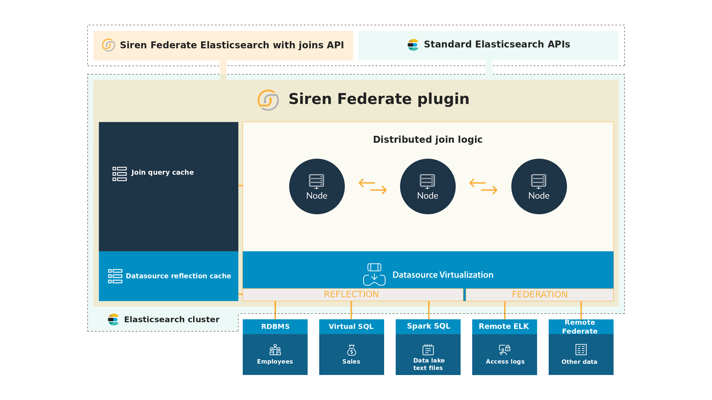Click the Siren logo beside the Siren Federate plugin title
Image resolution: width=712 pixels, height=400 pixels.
pyautogui.click(x=268, y=100)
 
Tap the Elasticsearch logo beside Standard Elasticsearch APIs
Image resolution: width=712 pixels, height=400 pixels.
pyautogui.click(x=413, y=45)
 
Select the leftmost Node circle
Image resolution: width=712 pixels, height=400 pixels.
pyautogui.click(x=317, y=186)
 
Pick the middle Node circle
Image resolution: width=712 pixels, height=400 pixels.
pyautogui.click(x=428, y=186)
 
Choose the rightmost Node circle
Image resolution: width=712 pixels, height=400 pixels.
pyautogui.click(x=539, y=186)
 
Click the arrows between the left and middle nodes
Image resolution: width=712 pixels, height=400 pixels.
pyautogui.click(x=373, y=186)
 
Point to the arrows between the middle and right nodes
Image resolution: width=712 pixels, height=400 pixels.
pyautogui.click(x=483, y=186)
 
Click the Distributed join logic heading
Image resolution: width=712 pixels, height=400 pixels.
pyautogui.click(x=427, y=139)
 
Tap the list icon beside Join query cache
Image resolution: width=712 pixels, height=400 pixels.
pyautogui.click(x=120, y=174)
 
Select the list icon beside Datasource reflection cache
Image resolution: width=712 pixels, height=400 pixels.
pyautogui.click(x=115, y=276)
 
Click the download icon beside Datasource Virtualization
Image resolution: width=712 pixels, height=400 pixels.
pyautogui.click(x=374, y=274)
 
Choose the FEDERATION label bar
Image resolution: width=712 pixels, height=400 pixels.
pyautogui.click(x=539, y=295)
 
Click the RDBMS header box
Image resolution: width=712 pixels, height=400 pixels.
pyautogui.click(x=275, y=327)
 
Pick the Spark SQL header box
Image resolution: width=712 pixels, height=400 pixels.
pyautogui.click(x=428, y=326)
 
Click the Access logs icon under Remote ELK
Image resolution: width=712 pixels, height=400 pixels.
pyautogui.click(x=505, y=350)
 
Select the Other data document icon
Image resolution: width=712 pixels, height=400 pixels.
pyautogui.click(x=581, y=350)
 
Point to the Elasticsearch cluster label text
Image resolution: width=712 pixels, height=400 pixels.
pyautogui.click(x=172, y=319)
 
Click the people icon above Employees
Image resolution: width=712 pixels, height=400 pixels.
pyautogui.click(x=275, y=350)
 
